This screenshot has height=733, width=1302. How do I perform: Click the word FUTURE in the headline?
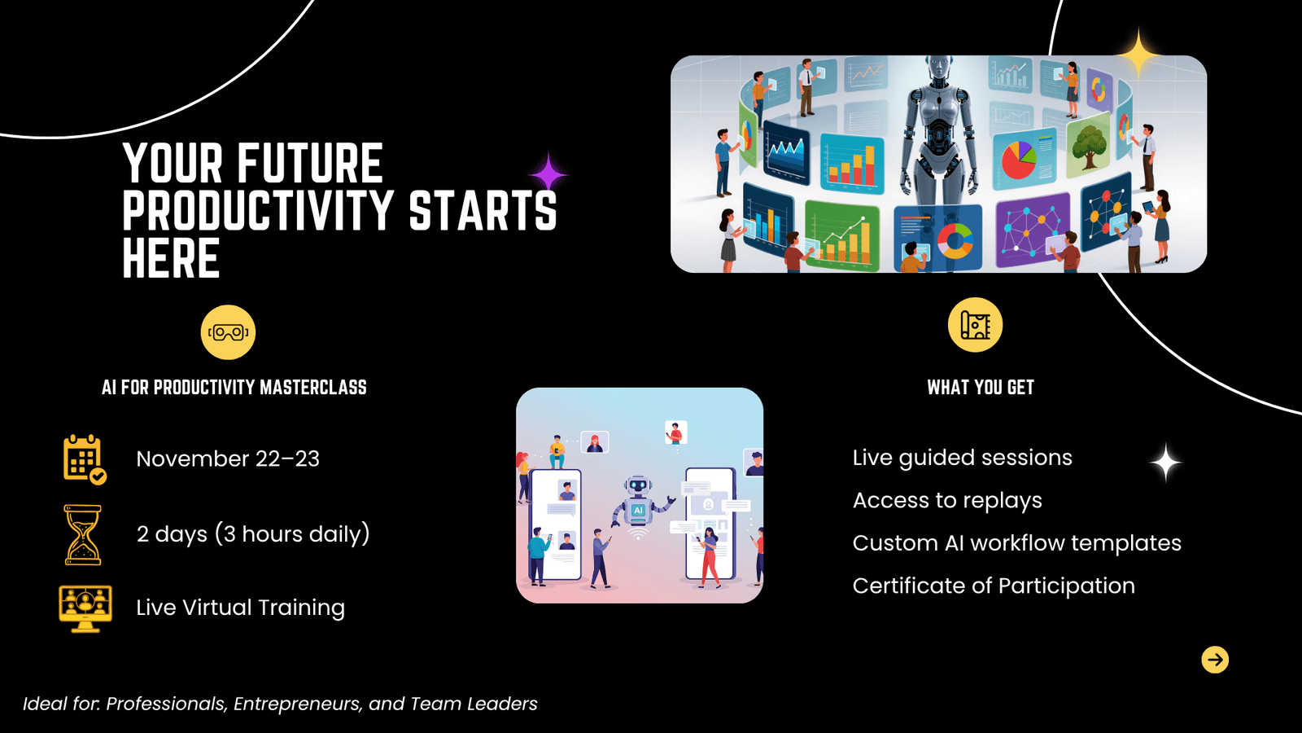(309, 164)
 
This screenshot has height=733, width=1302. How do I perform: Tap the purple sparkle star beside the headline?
(548, 173)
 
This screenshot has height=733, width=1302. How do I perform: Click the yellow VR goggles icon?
(228, 332)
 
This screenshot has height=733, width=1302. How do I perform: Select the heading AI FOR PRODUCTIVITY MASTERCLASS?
(234, 388)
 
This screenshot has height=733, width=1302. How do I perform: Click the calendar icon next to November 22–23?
(85, 459)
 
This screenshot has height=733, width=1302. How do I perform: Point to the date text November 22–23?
(228, 459)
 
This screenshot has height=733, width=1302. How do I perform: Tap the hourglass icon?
(82, 534)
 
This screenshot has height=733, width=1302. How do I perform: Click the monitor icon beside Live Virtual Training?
(85, 608)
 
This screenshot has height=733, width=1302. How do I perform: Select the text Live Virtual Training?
(241, 608)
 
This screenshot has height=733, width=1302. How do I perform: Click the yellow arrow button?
(1215, 660)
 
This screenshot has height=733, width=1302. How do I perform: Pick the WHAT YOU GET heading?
(981, 388)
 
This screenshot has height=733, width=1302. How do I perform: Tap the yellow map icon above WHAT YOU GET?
(975, 325)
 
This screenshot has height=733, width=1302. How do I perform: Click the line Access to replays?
(947, 501)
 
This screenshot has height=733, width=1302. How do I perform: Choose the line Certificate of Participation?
(994, 586)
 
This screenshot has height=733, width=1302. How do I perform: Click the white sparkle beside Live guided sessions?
(1165, 463)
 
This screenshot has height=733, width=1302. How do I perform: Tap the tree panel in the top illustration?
(1087, 146)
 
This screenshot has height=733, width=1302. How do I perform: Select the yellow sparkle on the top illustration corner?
(1138, 54)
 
